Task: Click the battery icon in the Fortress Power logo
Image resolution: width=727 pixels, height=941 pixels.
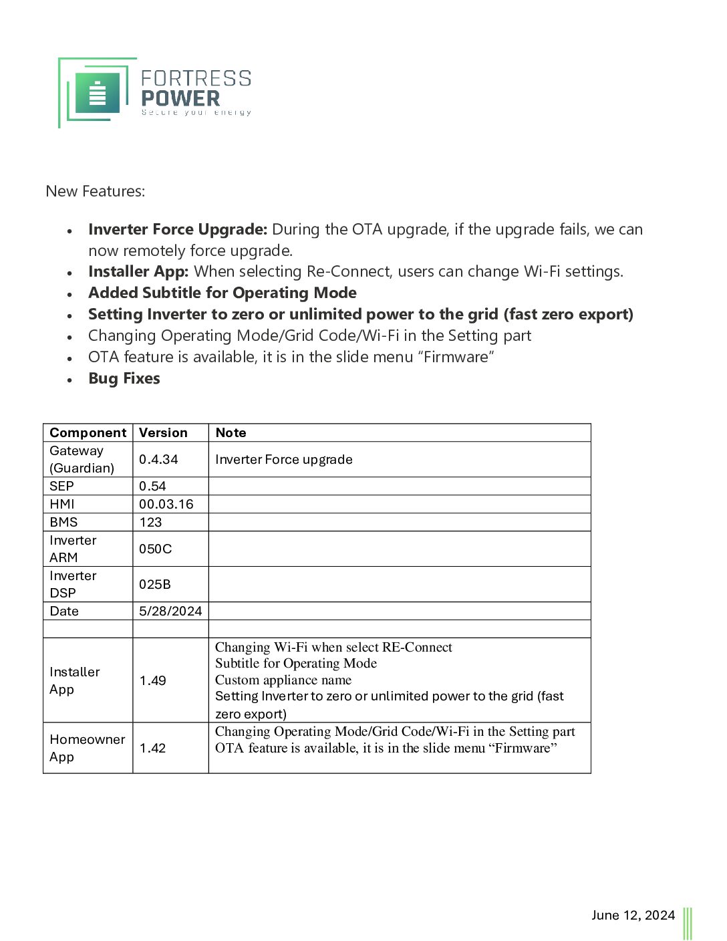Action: pos(98,94)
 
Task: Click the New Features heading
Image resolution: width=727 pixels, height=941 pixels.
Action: pos(96,191)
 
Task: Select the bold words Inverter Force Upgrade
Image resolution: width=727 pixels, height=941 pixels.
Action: pos(178,229)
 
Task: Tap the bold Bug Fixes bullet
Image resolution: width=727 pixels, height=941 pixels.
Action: pos(124,378)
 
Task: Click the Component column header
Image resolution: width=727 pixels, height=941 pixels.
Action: pos(88,432)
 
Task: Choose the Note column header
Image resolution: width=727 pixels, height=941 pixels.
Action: pos(231,432)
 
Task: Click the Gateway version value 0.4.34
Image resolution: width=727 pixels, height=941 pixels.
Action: pos(158,459)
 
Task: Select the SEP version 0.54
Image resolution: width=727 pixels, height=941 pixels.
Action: pos(152,486)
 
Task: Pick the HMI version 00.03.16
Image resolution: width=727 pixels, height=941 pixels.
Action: pos(166,504)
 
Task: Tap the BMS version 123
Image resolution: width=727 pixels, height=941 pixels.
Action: pos(150,522)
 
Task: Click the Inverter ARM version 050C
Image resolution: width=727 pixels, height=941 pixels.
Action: pos(155,549)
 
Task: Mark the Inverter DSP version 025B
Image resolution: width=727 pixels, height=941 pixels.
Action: pos(154,584)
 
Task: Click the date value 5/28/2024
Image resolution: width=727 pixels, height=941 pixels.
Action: pos(170,611)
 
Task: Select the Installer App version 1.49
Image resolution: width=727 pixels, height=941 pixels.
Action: pos(152,680)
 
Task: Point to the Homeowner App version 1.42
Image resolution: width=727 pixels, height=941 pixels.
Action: pos(152,748)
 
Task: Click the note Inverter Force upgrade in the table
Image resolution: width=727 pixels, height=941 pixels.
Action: pos(283,459)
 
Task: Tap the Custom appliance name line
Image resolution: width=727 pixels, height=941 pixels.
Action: pos(283,680)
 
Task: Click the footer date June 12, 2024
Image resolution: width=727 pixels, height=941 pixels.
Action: pos(633,915)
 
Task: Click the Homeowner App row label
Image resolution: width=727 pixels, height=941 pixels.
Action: pos(87,748)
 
